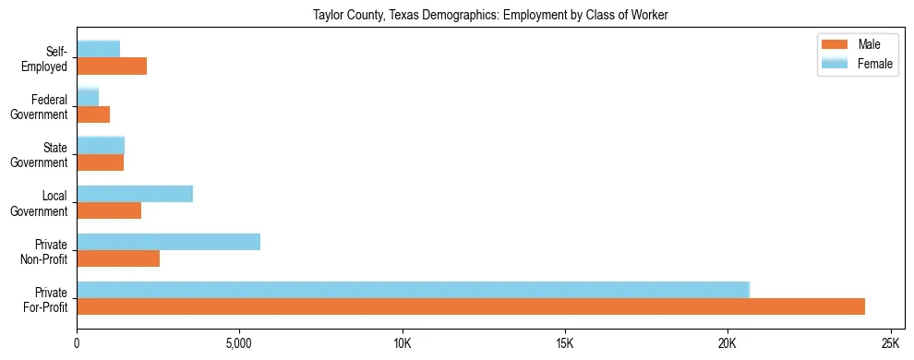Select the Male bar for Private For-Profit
click(471, 306)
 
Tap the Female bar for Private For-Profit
click(413, 290)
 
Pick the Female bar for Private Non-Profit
click(168, 242)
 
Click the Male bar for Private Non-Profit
click(118, 258)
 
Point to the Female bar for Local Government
click(135, 194)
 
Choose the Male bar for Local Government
click(109, 210)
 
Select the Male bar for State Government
click(101, 162)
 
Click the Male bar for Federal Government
click(93, 114)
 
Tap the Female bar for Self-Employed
click(99, 49)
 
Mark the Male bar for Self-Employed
click(112, 66)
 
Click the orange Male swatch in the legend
click(835, 44)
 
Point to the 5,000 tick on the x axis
click(239, 343)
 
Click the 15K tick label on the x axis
click(565, 343)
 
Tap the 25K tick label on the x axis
click(890, 343)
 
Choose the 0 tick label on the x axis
click(77, 343)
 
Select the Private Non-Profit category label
click(45, 250)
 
